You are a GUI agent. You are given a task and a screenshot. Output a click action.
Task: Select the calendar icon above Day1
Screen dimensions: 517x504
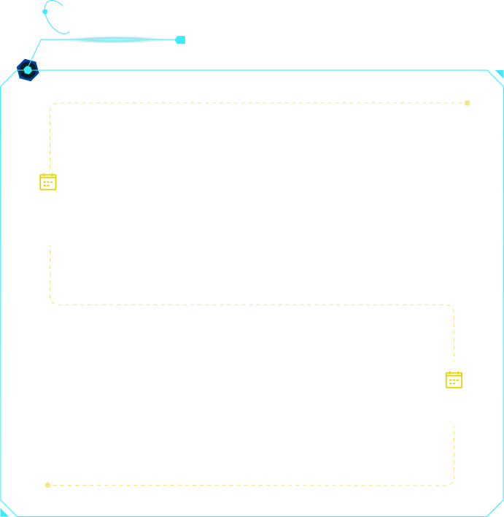tap(48, 182)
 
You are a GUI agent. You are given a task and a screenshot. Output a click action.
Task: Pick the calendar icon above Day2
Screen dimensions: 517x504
tap(454, 380)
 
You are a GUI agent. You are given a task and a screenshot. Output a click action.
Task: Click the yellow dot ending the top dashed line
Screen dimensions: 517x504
tap(468, 103)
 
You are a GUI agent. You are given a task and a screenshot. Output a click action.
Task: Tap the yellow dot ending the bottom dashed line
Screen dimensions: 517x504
tap(47, 485)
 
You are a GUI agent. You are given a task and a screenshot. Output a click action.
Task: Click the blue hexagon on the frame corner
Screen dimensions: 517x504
tap(27, 70)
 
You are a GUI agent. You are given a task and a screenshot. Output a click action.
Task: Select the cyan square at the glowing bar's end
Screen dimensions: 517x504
tap(180, 40)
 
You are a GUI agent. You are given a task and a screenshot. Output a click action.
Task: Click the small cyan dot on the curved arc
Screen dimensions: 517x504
tap(45, 12)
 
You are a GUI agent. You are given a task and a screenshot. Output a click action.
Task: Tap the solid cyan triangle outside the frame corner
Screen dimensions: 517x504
tap(500, 73)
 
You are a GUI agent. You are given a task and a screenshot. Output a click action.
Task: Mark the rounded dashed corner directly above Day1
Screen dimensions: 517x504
tap(52, 105)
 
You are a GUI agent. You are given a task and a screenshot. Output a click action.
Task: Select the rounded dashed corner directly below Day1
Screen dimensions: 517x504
tap(53, 302)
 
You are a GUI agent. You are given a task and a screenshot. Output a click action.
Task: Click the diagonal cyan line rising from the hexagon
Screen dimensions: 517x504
tap(34, 54)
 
